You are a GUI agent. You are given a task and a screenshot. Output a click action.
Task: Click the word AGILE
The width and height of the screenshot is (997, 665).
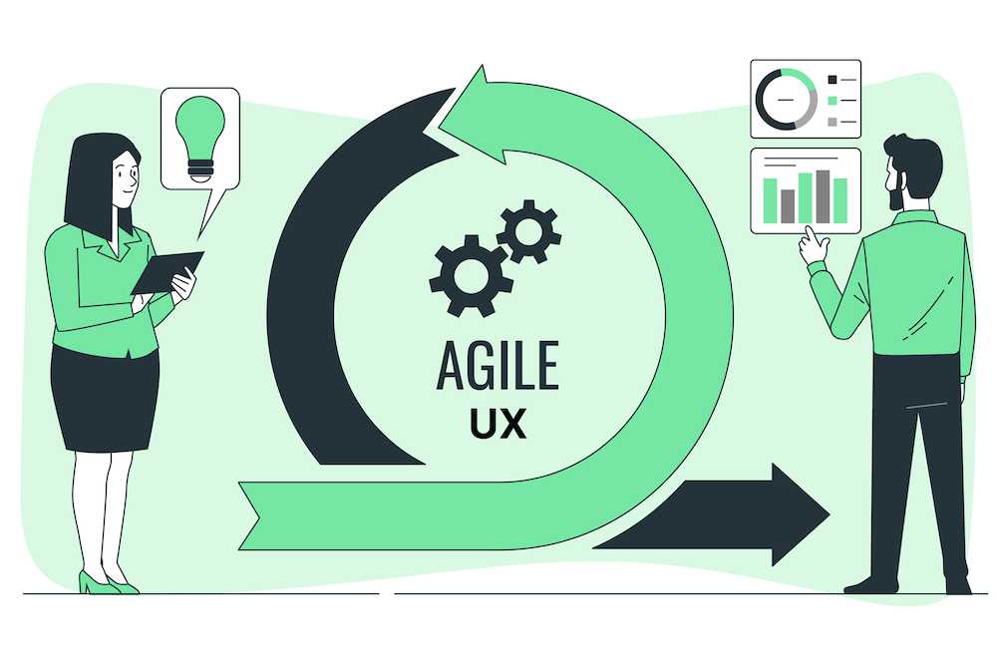coord(498,365)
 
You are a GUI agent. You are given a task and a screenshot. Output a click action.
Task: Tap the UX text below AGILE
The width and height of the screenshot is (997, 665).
coord(498,423)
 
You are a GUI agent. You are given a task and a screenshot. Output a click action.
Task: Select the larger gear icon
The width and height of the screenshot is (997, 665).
coord(472,275)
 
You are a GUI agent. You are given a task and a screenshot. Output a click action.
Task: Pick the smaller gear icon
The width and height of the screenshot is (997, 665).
coord(529,231)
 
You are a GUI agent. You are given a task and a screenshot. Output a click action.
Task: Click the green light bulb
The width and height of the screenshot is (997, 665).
coord(199,139)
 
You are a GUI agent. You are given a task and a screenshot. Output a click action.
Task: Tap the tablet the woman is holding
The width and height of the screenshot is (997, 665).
coord(167,272)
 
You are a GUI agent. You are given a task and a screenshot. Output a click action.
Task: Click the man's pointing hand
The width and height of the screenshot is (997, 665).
coord(814,246)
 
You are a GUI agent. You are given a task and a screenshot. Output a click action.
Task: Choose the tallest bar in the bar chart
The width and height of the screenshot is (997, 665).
coord(823,196)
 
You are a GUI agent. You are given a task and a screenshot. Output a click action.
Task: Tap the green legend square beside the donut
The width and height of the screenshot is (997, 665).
coord(832,101)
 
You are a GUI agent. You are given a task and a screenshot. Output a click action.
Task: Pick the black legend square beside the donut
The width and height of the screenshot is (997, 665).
coord(832,80)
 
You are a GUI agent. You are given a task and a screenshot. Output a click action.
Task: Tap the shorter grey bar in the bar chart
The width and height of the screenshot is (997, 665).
coord(788,206)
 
